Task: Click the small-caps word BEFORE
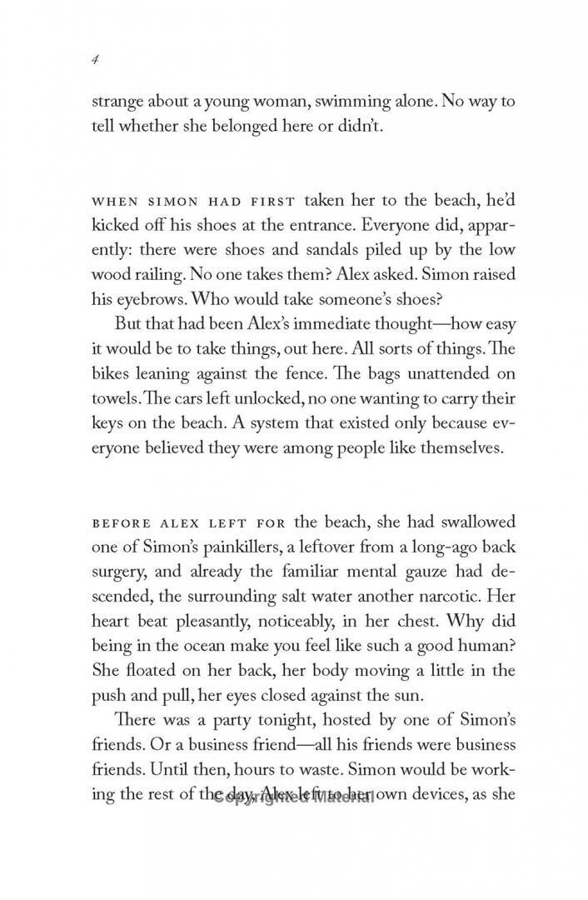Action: click(x=119, y=523)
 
